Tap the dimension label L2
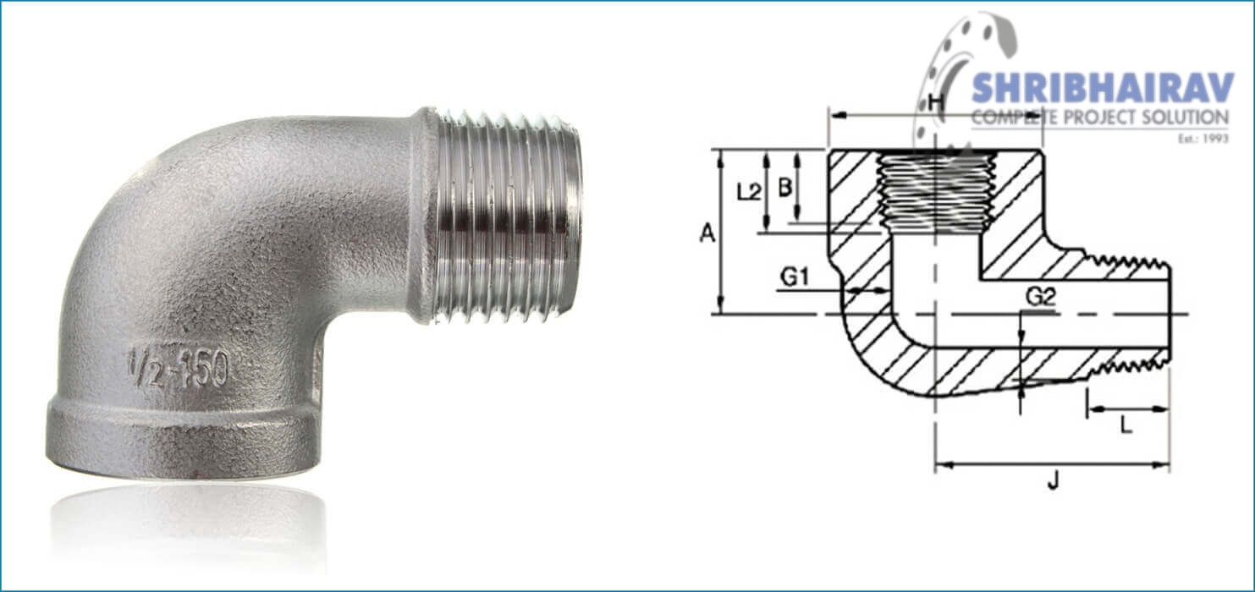pos(748,192)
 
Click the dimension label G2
pos(1040,297)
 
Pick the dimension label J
pos(1053,482)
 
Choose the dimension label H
pos(935,103)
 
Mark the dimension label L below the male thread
pos(1126,426)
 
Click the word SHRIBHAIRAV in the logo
pos(1102,89)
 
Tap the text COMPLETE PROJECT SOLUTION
pos(1099,118)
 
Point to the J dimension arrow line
pos(1052,464)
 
